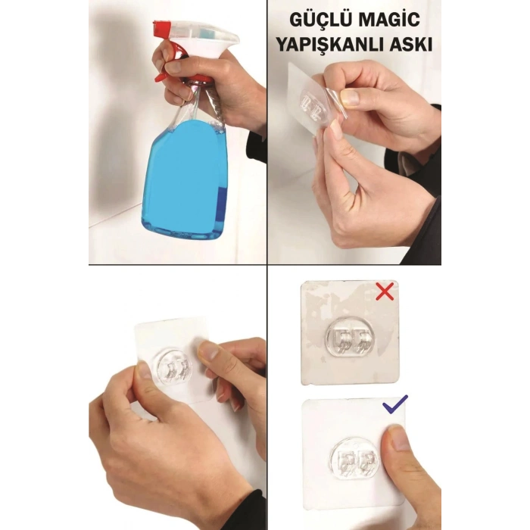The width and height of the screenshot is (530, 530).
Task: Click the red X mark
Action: click(385, 291)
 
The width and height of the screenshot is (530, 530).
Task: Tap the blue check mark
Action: click(395, 405)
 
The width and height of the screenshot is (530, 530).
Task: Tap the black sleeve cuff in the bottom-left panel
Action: click(250, 515)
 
